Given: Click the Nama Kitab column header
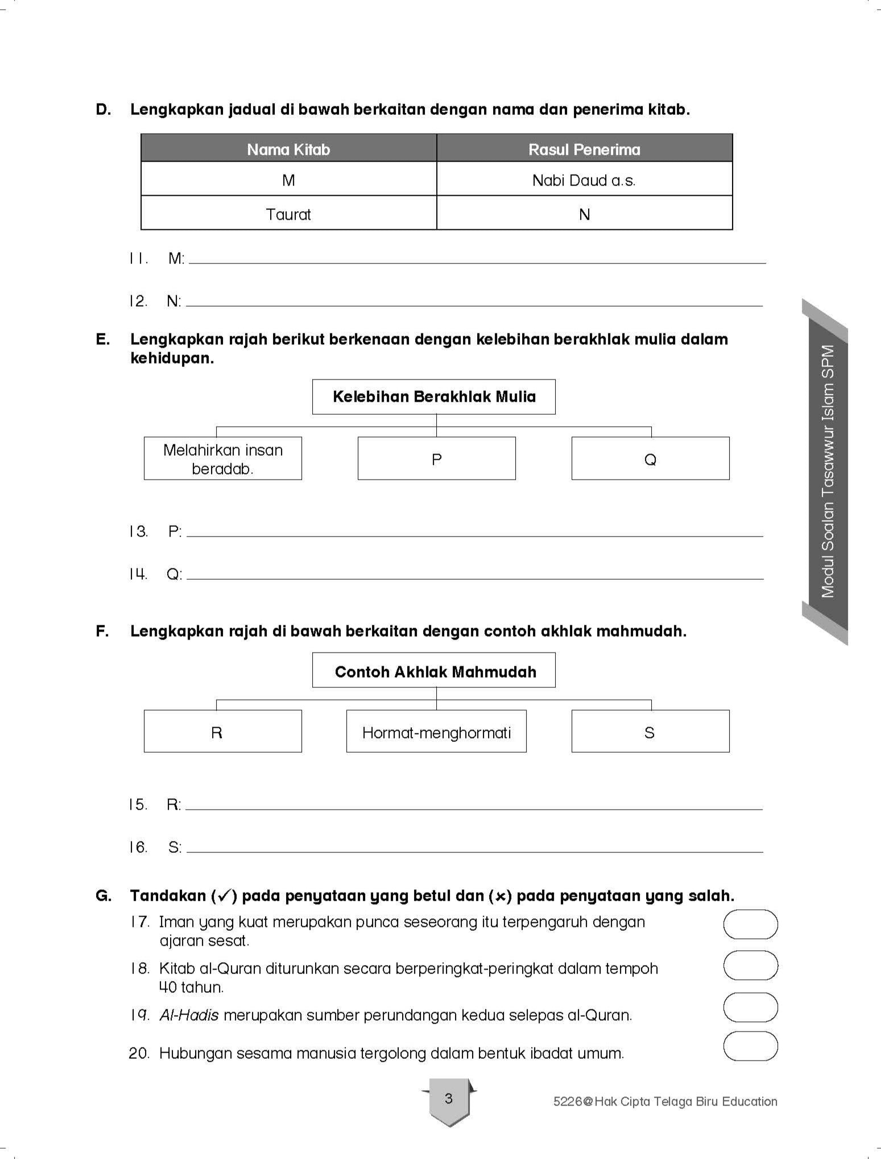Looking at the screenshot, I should pos(288,149).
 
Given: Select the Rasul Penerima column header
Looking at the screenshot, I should pos(584,149).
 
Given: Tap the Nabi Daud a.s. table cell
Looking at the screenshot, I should pos(584,180).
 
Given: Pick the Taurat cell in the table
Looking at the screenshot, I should pos(288,215).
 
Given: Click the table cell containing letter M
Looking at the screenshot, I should pos(288,180).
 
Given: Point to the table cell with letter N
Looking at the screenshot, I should pos(584,215).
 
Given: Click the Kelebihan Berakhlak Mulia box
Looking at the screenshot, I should pos(434,397).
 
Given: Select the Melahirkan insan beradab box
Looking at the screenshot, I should pos(223,459).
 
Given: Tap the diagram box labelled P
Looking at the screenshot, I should pos(436,459).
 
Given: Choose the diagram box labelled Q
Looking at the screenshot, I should pos(650,459).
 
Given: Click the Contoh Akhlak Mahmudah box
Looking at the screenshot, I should pos(434,671).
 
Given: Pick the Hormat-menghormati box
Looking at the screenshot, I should pos(436,732).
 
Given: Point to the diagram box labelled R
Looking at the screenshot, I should pos(223,732).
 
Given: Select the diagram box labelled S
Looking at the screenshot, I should pos(650,732).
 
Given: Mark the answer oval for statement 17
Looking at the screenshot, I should pos(750,924).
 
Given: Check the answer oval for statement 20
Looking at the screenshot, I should pos(750,1047).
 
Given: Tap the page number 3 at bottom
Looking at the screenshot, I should pos(449,1098).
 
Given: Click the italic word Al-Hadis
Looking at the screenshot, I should pos(189,1015).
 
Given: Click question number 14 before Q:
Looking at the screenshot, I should pos(138,574).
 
